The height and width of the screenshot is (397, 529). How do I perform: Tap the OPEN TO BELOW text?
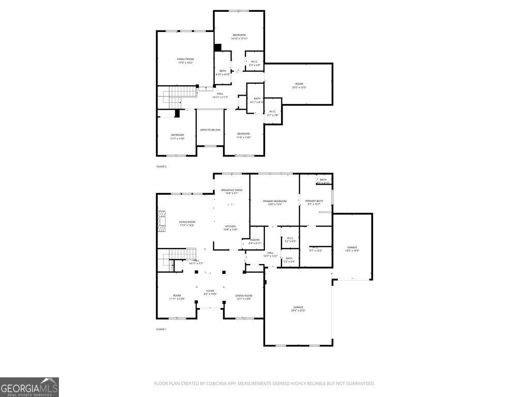tap(210, 130)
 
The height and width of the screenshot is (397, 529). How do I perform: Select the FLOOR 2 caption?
tap(162, 166)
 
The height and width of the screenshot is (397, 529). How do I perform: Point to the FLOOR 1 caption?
tap(162, 329)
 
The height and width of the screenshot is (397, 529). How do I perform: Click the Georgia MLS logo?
tap(29, 387)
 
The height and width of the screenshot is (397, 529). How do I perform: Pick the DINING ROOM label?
tap(244, 297)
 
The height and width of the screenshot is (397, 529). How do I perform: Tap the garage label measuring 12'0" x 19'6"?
tap(352, 249)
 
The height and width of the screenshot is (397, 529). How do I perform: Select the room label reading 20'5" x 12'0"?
tap(299, 85)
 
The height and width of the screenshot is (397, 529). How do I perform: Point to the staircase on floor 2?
tap(181, 97)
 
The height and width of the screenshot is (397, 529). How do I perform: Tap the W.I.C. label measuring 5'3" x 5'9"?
tap(254, 63)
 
